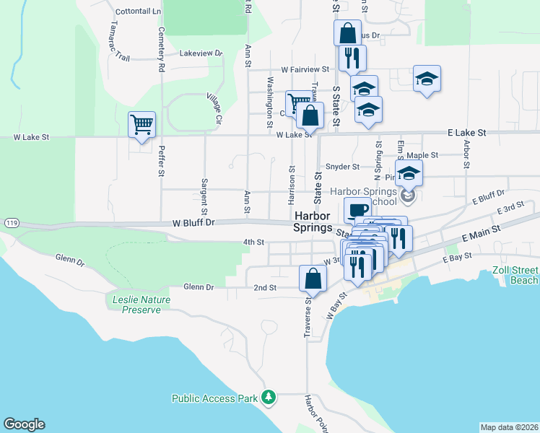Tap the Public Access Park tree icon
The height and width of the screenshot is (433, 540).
tap(269, 397)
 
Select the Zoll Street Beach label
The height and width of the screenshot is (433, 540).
tap(515, 276)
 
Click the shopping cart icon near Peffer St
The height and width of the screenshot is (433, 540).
tap(141, 124)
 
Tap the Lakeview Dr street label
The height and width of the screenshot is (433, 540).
tap(201, 53)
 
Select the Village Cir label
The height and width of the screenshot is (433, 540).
tap(214, 106)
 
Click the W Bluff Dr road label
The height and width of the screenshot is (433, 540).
tap(194, 223)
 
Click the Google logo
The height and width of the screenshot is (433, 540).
tap(24, 424)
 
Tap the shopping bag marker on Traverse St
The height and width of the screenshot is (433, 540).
tap(313, 278)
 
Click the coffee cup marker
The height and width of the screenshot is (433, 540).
tap(357, 210)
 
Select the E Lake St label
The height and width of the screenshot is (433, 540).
tap(467, 133)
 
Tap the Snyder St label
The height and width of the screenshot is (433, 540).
tap(342, 167)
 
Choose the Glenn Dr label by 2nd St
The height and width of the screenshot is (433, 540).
tap(199, 287)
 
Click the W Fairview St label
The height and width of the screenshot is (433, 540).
tap(305, 69)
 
